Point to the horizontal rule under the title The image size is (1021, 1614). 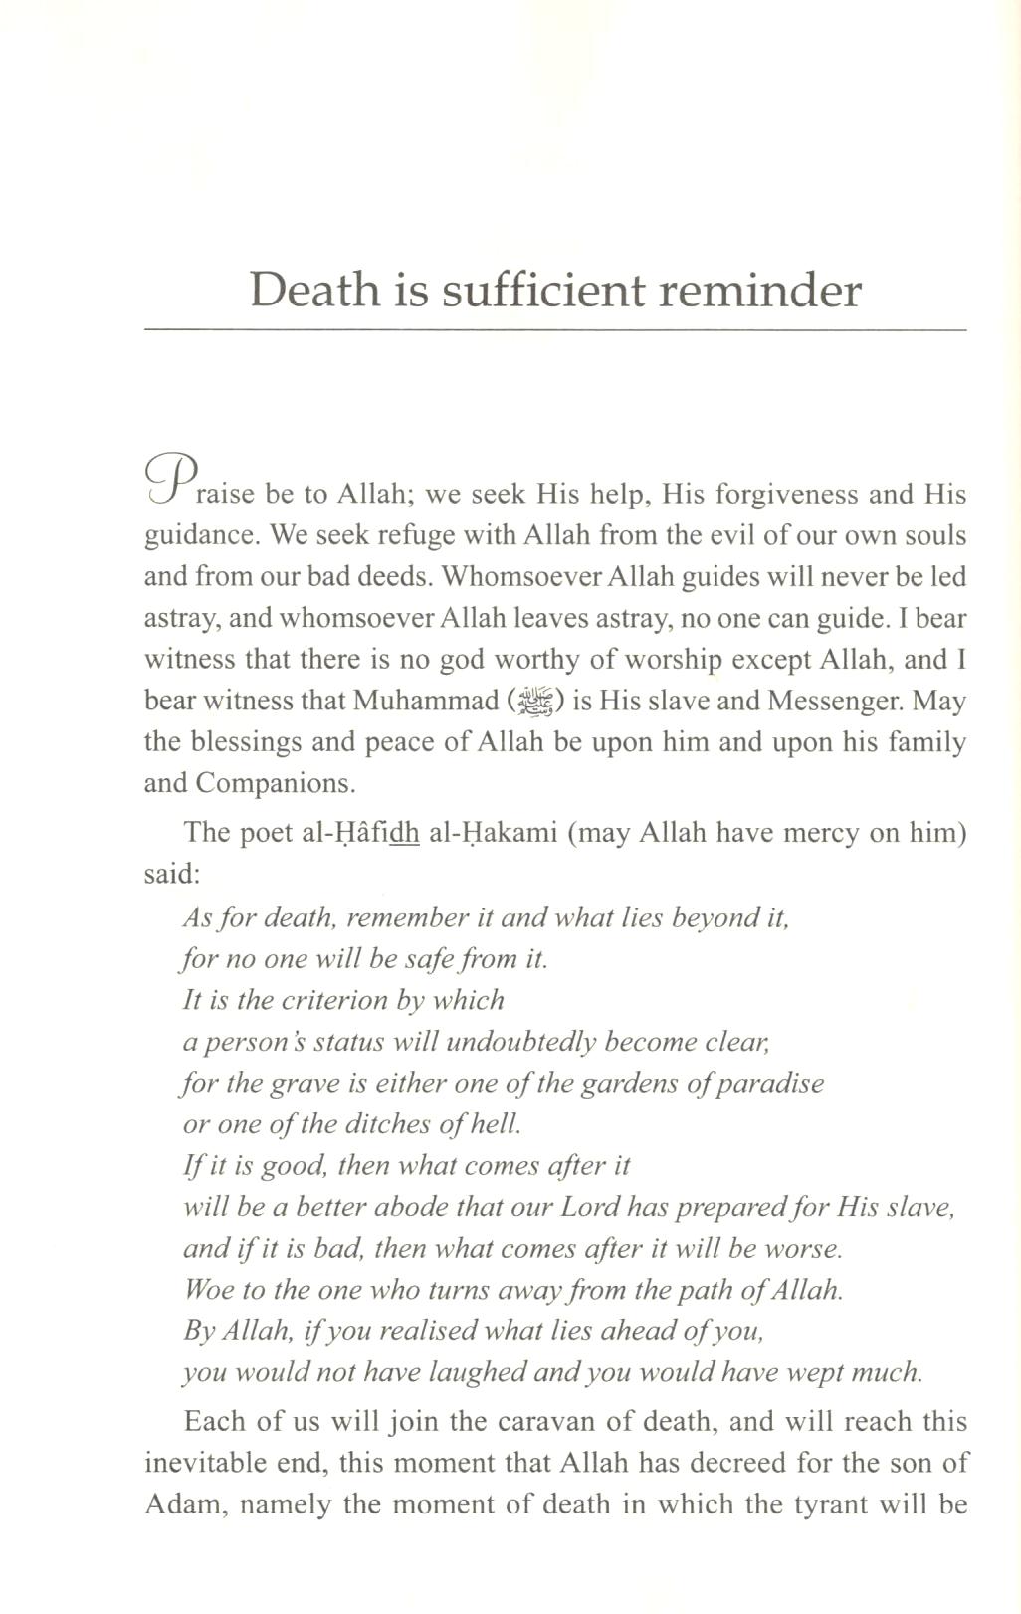click(555, 328)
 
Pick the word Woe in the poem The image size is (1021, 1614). click(207, 1290)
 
